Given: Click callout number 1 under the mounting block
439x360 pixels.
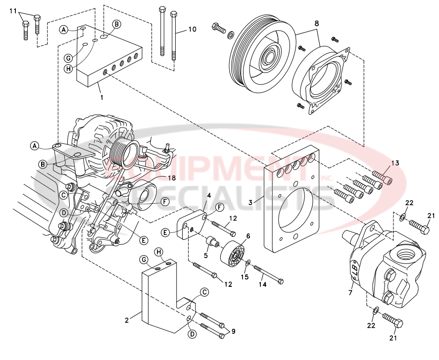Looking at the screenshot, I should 101,97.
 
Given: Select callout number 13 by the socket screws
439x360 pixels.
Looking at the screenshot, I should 394,163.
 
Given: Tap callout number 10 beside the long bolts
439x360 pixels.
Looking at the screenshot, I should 192,30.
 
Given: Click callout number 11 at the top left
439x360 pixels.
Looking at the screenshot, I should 13,11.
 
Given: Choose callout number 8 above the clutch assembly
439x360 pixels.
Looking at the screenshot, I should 317,23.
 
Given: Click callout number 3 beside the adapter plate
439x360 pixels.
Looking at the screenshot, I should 251,202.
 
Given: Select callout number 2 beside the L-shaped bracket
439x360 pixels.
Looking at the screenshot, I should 126,320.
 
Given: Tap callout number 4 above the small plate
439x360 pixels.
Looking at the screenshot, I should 208,196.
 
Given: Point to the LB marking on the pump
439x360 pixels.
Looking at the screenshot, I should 354,267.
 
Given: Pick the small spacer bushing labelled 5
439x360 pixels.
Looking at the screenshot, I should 213,244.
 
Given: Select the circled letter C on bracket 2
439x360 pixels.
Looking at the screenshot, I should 203,292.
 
